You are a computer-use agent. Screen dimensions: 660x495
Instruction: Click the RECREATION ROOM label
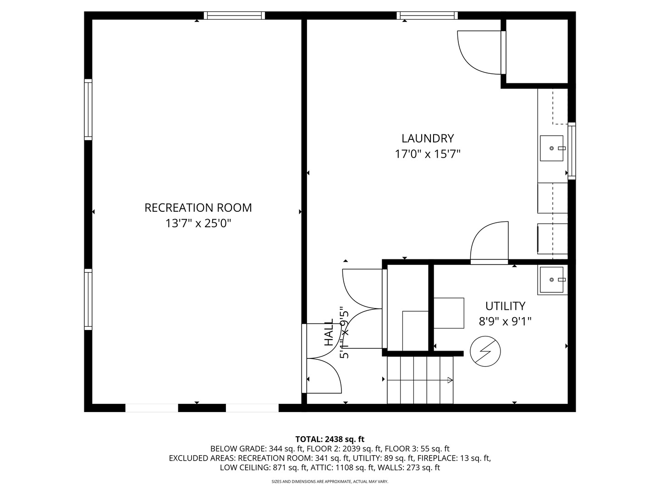[198, 208]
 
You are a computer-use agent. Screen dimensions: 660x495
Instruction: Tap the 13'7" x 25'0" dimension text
[198, 223]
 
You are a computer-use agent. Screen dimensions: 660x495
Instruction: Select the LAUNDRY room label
[428, 138]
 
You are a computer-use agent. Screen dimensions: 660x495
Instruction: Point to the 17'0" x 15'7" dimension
[428, 154]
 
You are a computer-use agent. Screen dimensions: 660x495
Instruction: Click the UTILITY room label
[505, 306]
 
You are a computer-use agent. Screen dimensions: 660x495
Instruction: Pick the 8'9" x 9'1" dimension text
[505, 322]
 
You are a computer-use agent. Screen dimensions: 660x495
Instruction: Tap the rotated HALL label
[329, 332]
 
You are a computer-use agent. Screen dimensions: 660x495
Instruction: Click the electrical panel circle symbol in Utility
[485, 351]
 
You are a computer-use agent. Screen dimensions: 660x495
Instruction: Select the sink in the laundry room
[551, 148]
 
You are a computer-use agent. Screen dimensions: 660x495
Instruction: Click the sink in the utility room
[551, 280]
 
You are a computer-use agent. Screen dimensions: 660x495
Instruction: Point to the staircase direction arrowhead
[450, 380]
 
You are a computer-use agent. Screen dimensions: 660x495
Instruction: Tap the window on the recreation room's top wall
[234, 15]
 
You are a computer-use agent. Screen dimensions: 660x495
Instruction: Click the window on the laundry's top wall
[427, 15]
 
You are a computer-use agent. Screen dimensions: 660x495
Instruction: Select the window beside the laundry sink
[572, 151]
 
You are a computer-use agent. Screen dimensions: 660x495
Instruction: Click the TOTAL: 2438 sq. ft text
[330, 439]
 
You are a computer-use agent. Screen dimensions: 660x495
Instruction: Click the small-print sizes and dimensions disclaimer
[330, 481]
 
